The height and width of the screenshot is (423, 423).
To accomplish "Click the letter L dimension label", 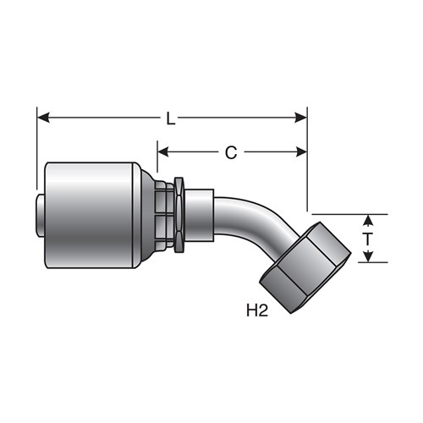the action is [170, 118].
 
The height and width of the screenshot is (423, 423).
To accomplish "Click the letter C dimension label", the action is [231, 153].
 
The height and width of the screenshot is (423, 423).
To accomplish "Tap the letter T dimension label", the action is [367, 239].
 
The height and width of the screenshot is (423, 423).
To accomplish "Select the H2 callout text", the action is [257, 310].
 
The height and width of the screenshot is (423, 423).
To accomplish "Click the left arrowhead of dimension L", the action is [43, 118].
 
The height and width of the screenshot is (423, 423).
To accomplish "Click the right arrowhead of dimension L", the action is [300, 118].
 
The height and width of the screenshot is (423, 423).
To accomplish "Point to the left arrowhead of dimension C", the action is [163, 152].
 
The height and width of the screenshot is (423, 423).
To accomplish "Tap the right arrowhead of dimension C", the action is [301, 152].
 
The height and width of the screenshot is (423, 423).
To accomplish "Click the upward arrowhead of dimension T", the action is [368, 220].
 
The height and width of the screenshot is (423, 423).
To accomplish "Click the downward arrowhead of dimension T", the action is [368, 257].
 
